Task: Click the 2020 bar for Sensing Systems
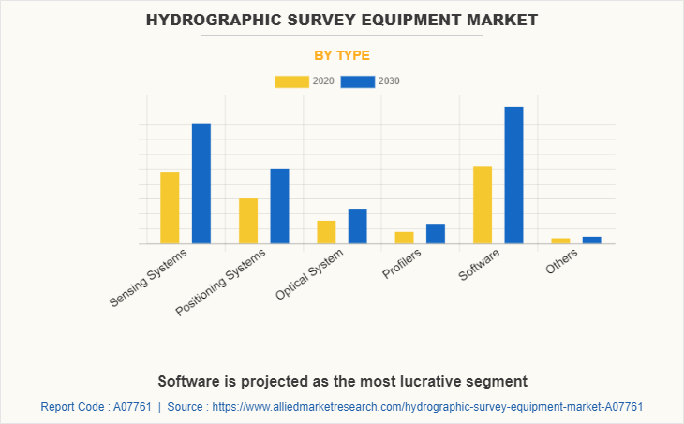coord(170,208)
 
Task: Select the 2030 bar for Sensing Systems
coord(201,183)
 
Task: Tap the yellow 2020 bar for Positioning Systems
coord(248,221)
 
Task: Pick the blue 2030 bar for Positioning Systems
coord(279,206)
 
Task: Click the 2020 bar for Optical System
coord(326,232)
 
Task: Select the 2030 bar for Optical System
coord(357,226)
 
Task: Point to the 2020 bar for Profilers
coord(404,238)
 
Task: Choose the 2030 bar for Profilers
coord(436,234)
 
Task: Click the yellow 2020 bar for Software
coord(483,205)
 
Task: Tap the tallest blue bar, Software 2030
coord(513,175)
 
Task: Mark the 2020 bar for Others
coord(560,241)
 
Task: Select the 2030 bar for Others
coord(591,240)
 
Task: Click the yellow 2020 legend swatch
coord(291,81)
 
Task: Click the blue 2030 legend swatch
coord(357,81)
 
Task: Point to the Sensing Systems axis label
coord(149,278)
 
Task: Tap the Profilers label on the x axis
coord(402,265)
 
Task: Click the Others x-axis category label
coord(562,262)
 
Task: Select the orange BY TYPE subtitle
coord(342,55)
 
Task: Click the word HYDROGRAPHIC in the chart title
coord(204,19)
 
